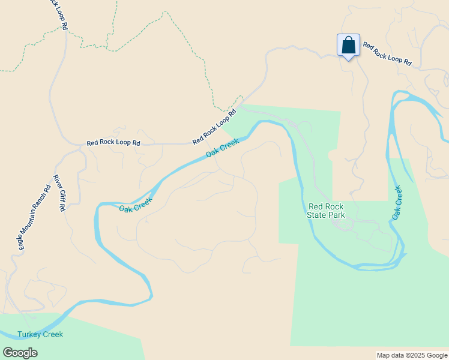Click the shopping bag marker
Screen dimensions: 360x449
tap(348, 45)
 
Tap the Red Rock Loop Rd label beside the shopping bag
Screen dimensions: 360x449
tap(387, 53)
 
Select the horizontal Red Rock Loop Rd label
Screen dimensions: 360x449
tap(113, 143)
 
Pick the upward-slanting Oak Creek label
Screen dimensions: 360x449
tap(222, 148)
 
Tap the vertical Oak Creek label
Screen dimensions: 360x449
tap(396, 202)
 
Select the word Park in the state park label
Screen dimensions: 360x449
tap(336, 214)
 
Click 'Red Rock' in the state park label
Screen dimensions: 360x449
tap(326, 206)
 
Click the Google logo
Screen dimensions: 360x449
tap(20, 353)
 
